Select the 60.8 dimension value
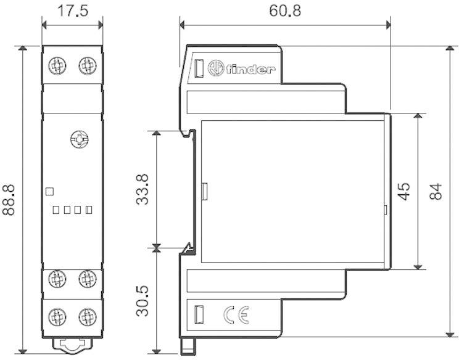(284, 11)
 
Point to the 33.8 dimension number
(143, 189)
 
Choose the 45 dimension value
(404, 191)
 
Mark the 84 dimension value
(436, 191)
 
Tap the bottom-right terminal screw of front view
(87, 317)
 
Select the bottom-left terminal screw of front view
(58, 317)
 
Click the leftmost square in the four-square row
(56, 210)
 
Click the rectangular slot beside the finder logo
(199, 68)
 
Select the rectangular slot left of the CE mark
(199, 315)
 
